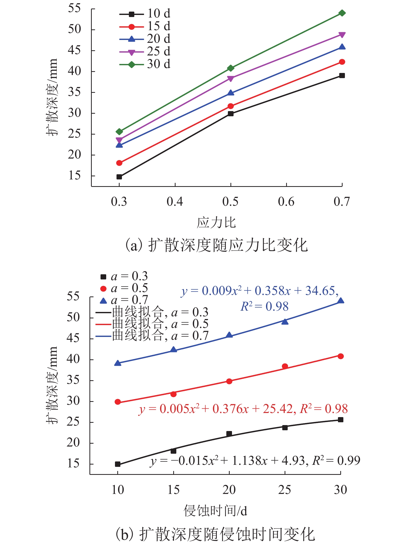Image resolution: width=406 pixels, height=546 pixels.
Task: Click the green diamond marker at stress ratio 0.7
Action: click(342, 13)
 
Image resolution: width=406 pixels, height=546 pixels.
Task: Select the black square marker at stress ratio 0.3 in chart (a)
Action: click(119, 177)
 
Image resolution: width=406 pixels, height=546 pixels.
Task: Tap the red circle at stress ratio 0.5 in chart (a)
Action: click(230, 106)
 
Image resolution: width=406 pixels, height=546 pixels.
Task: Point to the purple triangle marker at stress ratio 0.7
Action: click(342, 35)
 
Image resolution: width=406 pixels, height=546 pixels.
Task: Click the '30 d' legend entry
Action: click(145, 64)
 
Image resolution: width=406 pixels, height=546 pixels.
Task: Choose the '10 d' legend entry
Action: click(145, 14)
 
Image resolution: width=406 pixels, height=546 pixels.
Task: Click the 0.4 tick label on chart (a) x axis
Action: click(175, 202)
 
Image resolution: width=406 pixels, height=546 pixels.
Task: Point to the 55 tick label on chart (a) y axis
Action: click(74, 9)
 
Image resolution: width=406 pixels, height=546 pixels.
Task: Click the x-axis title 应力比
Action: click(216, 222)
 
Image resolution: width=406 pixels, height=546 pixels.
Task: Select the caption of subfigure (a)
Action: click(216, 245)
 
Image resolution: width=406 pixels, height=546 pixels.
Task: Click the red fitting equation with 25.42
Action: click(243, 409)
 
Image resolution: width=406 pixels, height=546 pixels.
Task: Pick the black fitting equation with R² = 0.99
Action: click(255, 461)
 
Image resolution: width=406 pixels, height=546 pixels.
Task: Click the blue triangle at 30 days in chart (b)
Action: click(341, 301)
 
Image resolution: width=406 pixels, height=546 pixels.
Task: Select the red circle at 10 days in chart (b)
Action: click(118, 402)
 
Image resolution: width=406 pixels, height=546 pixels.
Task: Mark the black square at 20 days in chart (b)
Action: click(229, 434)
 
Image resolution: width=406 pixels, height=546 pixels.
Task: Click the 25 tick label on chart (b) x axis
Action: click(285, 490)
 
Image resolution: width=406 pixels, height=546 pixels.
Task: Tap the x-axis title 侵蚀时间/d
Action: click(216, 511)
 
